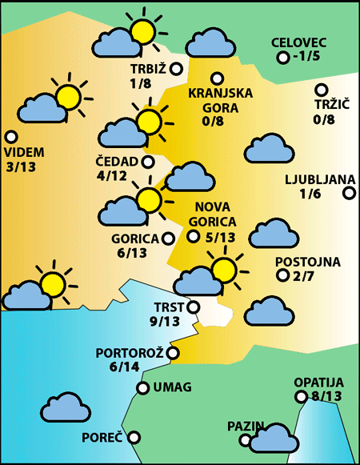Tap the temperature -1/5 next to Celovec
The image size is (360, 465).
(306, 57)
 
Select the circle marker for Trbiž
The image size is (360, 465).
(176, 70)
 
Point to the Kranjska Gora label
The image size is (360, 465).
(220, 99)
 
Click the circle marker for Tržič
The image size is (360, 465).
(322, 90)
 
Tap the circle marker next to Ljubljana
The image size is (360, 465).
(349, 193)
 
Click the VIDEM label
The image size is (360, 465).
(24, 152)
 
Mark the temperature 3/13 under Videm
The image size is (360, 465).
(20, 166)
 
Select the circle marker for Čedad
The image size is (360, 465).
(148, 162)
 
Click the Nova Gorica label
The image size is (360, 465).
(215, 215)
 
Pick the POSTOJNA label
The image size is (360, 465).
(307, 262)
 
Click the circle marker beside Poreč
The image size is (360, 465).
(134, 437)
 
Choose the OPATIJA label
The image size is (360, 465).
(318, 382)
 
